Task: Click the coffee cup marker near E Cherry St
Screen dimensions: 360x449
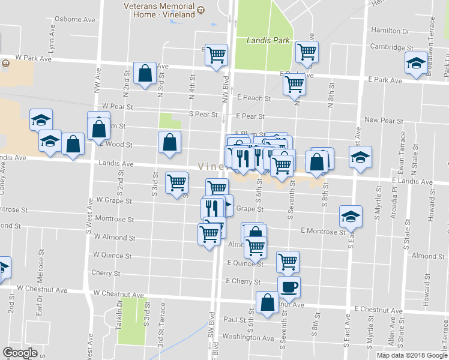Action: (x=289, y=286)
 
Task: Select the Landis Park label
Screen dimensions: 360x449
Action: (x=268, y=41)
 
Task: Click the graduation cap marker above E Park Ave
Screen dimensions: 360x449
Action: (x=415, y=63)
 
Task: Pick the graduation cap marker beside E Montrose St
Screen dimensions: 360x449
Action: (x=351, y=216)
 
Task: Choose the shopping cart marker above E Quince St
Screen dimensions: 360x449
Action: (x=256, y=246)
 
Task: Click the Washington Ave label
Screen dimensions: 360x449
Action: (x=248, y=337)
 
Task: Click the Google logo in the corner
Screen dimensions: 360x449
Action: (x=20, y=352)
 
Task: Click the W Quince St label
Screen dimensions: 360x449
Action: (x=112, y=256)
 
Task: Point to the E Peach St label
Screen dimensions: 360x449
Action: (x=254, y=98)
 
